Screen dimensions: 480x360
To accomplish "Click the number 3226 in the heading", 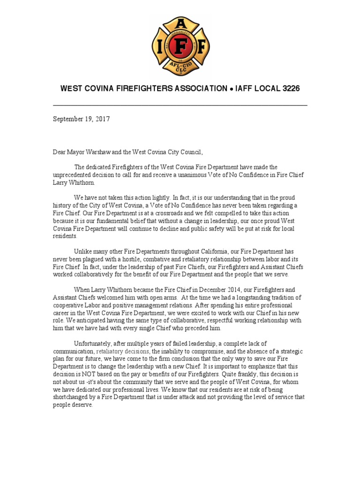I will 290,89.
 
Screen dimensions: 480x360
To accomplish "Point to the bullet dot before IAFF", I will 232,89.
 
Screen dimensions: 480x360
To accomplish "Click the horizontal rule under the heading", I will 180,105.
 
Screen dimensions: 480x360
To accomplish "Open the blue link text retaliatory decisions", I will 123,351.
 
